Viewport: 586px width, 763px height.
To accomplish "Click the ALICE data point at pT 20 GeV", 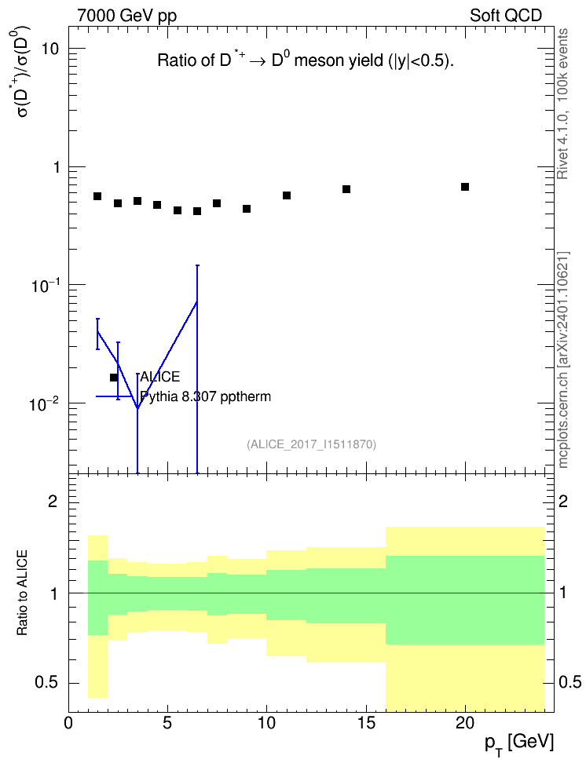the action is (x=465, y=187).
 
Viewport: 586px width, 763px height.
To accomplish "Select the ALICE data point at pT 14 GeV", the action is (x=346, y=189).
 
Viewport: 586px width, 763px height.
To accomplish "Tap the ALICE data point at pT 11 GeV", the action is (x=287, y=195).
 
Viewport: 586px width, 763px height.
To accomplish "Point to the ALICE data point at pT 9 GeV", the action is (x=247, y=209).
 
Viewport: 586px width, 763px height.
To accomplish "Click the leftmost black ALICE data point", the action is (x=97, y=196).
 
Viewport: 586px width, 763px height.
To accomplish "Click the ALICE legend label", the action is (x=159, y=377).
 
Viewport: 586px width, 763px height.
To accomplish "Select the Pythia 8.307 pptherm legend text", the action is (x=205, y=396).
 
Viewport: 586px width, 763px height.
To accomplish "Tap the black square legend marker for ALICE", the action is (x=114, y=377).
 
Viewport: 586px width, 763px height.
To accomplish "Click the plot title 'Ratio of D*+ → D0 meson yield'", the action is (x=306, y=60).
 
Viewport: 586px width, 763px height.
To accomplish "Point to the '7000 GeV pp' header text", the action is (x=126, y=16).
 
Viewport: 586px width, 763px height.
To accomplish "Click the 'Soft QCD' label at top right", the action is (x=506, y=16).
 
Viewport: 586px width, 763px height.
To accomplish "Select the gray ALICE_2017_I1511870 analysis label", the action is (x=311, y=444).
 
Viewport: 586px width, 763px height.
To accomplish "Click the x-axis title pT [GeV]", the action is (x=519, y=743).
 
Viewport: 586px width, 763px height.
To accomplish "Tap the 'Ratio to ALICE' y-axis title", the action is (x=22, y=593).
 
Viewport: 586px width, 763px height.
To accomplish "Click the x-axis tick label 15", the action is (x=366, y=723).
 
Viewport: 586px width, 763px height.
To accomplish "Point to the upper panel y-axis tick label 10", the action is (x=49, y=49).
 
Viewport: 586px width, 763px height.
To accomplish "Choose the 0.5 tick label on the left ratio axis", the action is (x=46, y=683).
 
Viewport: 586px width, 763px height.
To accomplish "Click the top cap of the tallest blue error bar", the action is (x=197, y=265).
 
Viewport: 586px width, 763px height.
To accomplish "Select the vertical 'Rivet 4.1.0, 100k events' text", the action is (x=562, y=104).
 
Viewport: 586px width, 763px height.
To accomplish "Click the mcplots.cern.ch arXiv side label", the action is (x=563, y=360).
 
